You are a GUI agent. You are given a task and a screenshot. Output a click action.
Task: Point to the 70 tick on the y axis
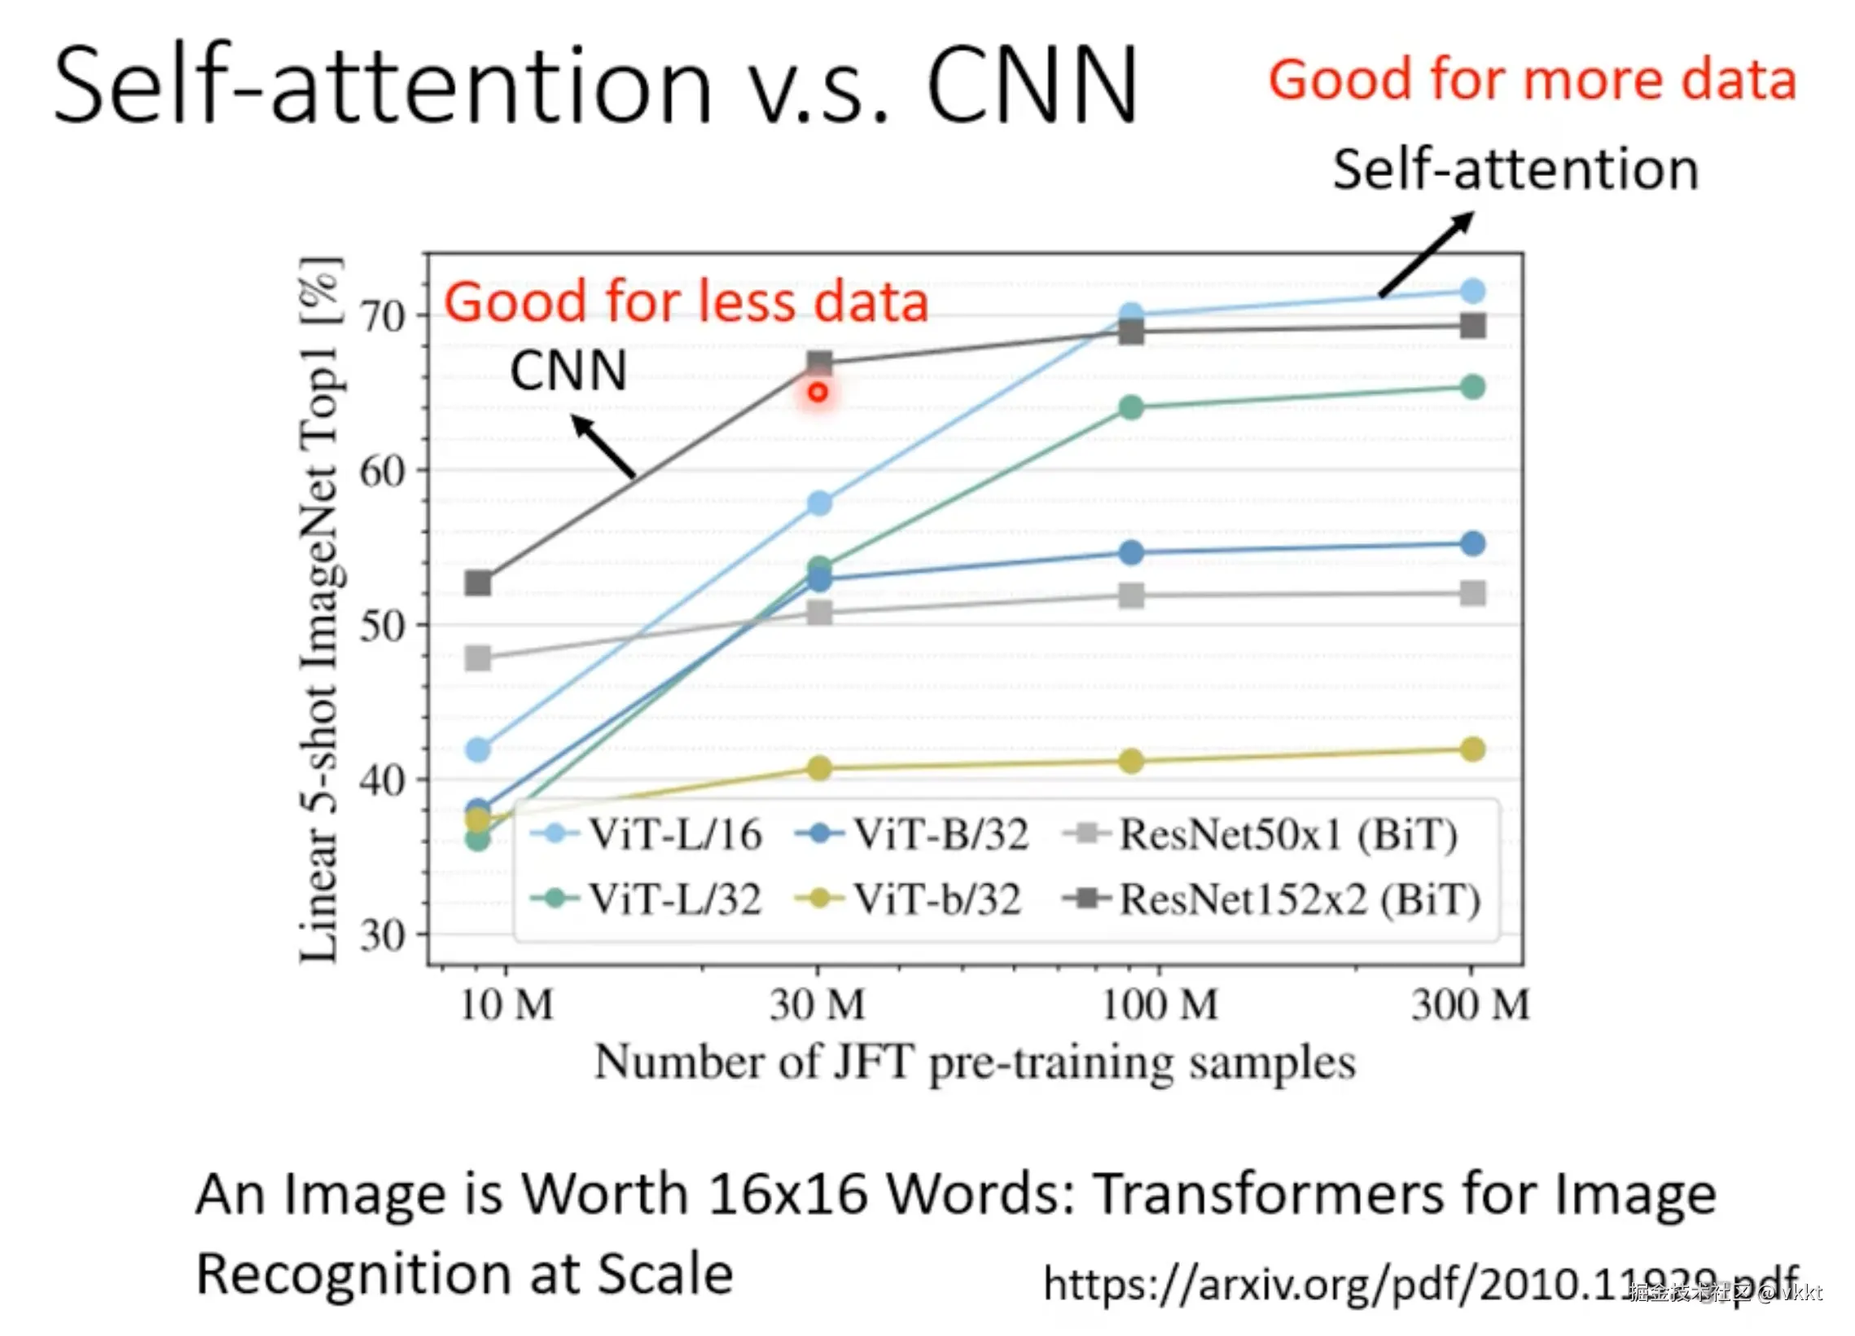tap(383, 317)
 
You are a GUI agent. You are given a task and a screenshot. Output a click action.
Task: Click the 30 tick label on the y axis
tap(383, 935)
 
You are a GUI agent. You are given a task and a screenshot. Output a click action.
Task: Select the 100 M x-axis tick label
tap(1159, 1005)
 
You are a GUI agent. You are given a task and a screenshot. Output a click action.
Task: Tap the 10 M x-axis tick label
tap(507, 1005)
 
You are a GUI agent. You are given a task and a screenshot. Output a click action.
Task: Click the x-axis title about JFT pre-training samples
tap(974, 1063)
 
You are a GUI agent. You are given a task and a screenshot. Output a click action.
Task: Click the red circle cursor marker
tap(818, 393)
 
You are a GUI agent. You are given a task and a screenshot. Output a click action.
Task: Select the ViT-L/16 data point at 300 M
tap(1472, 292)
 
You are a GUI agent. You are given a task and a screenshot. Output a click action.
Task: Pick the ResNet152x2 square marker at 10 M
tap(479, 583)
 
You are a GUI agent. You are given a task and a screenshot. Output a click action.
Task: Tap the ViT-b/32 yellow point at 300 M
tap(1472, 749)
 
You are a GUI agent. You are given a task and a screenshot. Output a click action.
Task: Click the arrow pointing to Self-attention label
tap(1427, 253)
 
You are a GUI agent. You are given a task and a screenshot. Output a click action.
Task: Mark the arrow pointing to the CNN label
tap(603, 446)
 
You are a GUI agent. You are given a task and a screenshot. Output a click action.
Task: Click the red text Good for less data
tap(686, 302)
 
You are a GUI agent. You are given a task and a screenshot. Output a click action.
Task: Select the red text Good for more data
tap(1532, 80)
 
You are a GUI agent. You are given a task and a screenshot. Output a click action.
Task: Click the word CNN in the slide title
tap(1033, 85)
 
